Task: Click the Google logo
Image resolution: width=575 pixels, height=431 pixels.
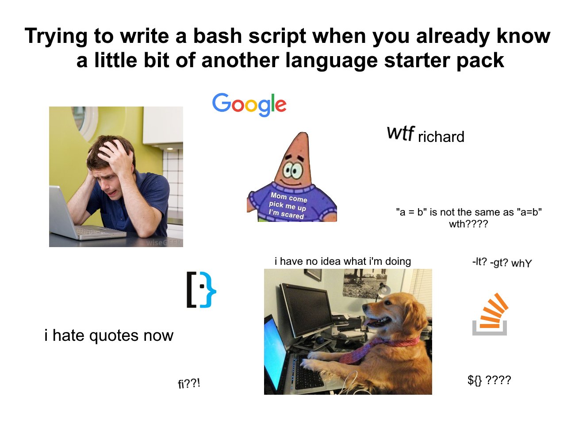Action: pyautogui.click(x=249, y=105)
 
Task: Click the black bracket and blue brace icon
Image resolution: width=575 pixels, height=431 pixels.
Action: pyautogui.click(x=201, y=290)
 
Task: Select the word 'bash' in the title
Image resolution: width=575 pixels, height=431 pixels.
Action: pyautogui.click(x=218, y=36)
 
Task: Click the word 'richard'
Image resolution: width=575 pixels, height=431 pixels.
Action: pyautogui.click(x=441, y=137)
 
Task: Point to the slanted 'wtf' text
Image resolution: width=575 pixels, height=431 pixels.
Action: pyautogui.click(x=401, y=133)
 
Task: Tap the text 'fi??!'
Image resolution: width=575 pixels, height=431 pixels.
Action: pyautogui.click(x=189, y=384)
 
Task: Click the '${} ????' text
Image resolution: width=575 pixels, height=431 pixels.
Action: pyautogui.click(x=489, y=380)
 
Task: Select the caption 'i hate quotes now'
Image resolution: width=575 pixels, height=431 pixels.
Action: pyautogui.click(x=109, y=336)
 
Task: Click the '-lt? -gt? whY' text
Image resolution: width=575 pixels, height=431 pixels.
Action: pyautogui.click(x=502, y=263)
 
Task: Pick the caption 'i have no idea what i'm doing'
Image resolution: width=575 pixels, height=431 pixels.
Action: pyautogui.click(x=343, y=261)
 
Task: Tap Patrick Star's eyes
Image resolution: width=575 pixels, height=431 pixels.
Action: pyautogui.click(x=293, y=170)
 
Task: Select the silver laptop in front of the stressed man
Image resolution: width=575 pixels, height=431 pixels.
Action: pyautogui.click(x=81, y=217)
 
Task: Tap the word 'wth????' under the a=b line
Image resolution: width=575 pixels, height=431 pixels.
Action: pyautogui.click(x=468, y=224)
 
